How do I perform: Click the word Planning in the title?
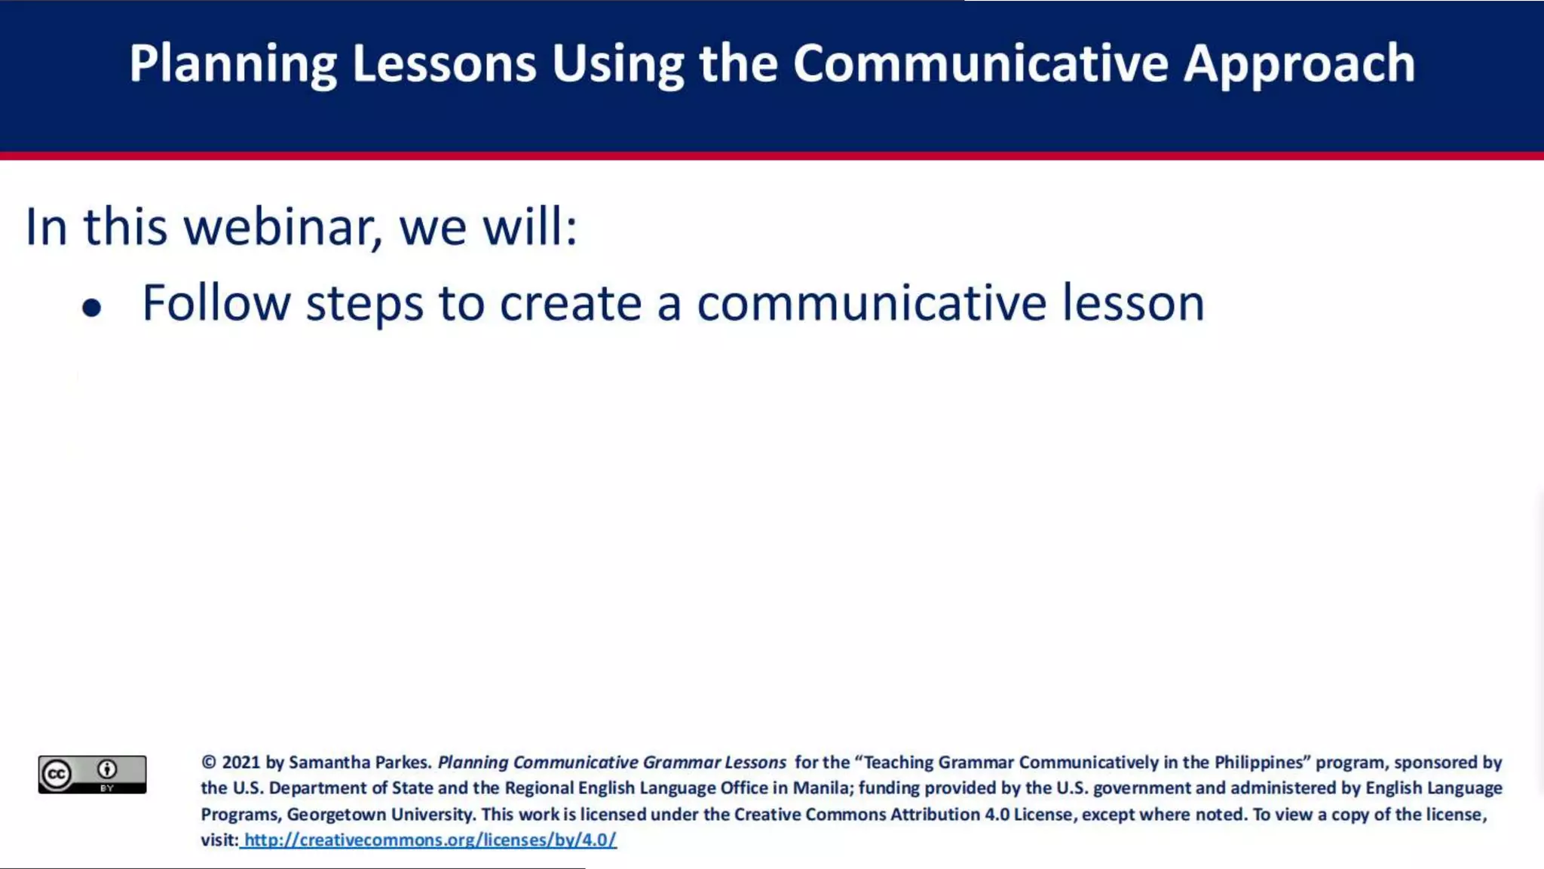pyautogui.click(x=232, y=63)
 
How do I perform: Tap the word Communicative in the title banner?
pyautogui.click(x=980, y=63)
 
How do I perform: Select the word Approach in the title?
pyautogui.click(x=1299, y=63)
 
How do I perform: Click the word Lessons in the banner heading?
pyautogui.click(x=444, y=63)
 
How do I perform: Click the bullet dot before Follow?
pyautogui.click(x=92, y=308)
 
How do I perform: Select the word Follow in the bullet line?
pyautogui.click(x=216, y=303)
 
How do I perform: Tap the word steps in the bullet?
pyautogui.click(x=365, y=303)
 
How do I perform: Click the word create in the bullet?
pyautogui.click(x=571, y=303)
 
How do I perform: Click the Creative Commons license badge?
pyautogui.click(x=92, y=774)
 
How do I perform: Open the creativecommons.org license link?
pyautogui.click(x=430, y=840)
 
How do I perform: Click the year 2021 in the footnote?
pyautogui.click(x=241, y=763)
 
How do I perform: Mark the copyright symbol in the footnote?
pyautogui.click(x=209, y=763)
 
